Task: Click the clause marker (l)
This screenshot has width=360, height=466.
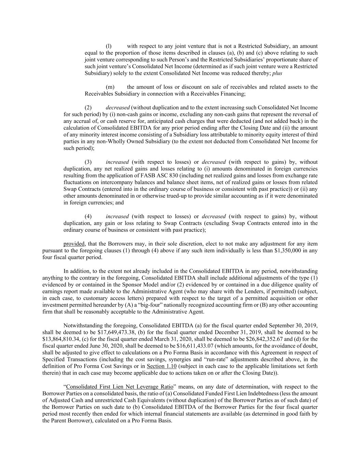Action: (109, 46)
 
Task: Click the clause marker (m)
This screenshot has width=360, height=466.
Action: (110, 87)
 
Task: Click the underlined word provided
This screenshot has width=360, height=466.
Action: (74, 244)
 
